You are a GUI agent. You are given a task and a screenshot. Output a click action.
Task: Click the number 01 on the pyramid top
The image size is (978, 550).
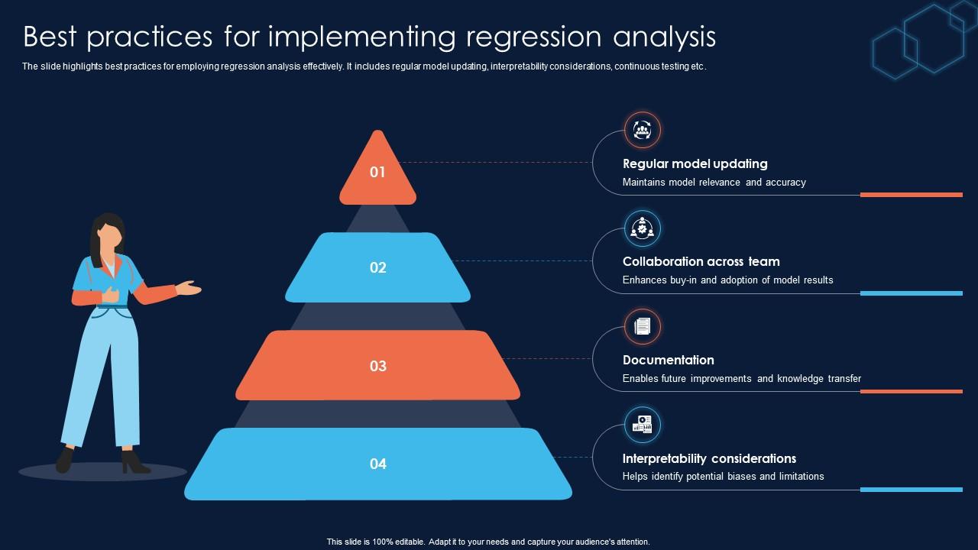377,172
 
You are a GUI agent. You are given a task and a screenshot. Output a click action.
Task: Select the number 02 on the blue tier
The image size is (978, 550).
377,267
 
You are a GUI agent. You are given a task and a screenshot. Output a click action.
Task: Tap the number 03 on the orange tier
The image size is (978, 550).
377,366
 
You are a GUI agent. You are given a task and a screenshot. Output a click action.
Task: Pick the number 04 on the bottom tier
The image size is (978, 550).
377,464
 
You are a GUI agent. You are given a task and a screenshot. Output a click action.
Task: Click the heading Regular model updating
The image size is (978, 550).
695,163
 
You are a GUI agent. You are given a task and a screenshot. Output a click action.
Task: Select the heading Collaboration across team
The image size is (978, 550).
701,261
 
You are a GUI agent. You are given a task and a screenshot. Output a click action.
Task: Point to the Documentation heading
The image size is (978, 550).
668,360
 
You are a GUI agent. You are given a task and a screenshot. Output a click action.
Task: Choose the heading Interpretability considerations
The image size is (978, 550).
709,458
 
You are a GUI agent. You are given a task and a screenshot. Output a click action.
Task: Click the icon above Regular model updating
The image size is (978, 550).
642,130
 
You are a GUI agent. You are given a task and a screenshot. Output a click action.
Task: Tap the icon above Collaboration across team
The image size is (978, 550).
642,228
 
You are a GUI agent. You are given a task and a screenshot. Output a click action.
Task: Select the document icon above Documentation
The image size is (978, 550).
642,326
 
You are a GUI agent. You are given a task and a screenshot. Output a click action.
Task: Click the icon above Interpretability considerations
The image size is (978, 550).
642,424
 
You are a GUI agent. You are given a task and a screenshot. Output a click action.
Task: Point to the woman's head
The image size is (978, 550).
108,233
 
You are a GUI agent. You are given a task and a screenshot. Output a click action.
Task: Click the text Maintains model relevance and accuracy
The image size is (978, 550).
714,183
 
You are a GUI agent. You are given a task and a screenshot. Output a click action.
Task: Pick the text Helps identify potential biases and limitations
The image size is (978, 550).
723,477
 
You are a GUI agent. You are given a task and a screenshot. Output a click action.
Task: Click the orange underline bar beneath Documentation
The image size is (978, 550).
911,391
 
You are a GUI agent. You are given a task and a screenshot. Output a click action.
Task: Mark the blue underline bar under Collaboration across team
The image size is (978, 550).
911,293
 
